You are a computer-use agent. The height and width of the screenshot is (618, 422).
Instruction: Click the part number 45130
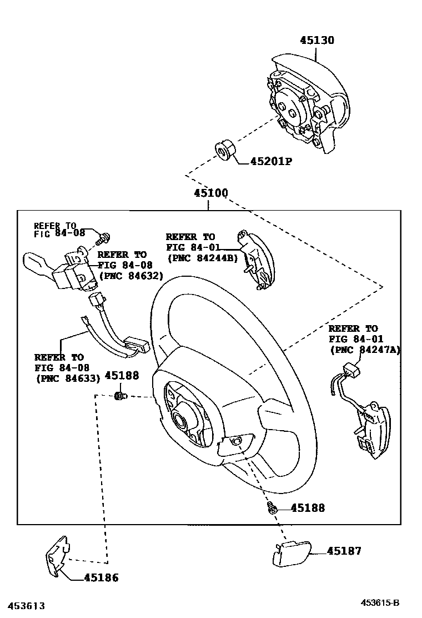(317, 41)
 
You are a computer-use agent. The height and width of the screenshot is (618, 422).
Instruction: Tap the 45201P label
(271, 162)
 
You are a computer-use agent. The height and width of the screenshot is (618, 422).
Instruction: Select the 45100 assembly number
(210, 194)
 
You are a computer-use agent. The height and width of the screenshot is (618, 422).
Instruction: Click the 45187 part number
(344, 551)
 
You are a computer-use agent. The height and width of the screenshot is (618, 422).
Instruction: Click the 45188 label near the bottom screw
(308, 508)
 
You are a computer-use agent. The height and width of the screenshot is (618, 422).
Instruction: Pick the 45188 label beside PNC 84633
(122, 376)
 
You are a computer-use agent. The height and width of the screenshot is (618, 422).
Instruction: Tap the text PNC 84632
(130, 275)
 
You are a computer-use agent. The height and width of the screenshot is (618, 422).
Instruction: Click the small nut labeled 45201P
(224, 151)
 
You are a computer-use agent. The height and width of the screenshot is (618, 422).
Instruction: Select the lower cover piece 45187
(290, 555)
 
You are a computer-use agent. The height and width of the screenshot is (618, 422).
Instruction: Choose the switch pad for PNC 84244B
(256, 260)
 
